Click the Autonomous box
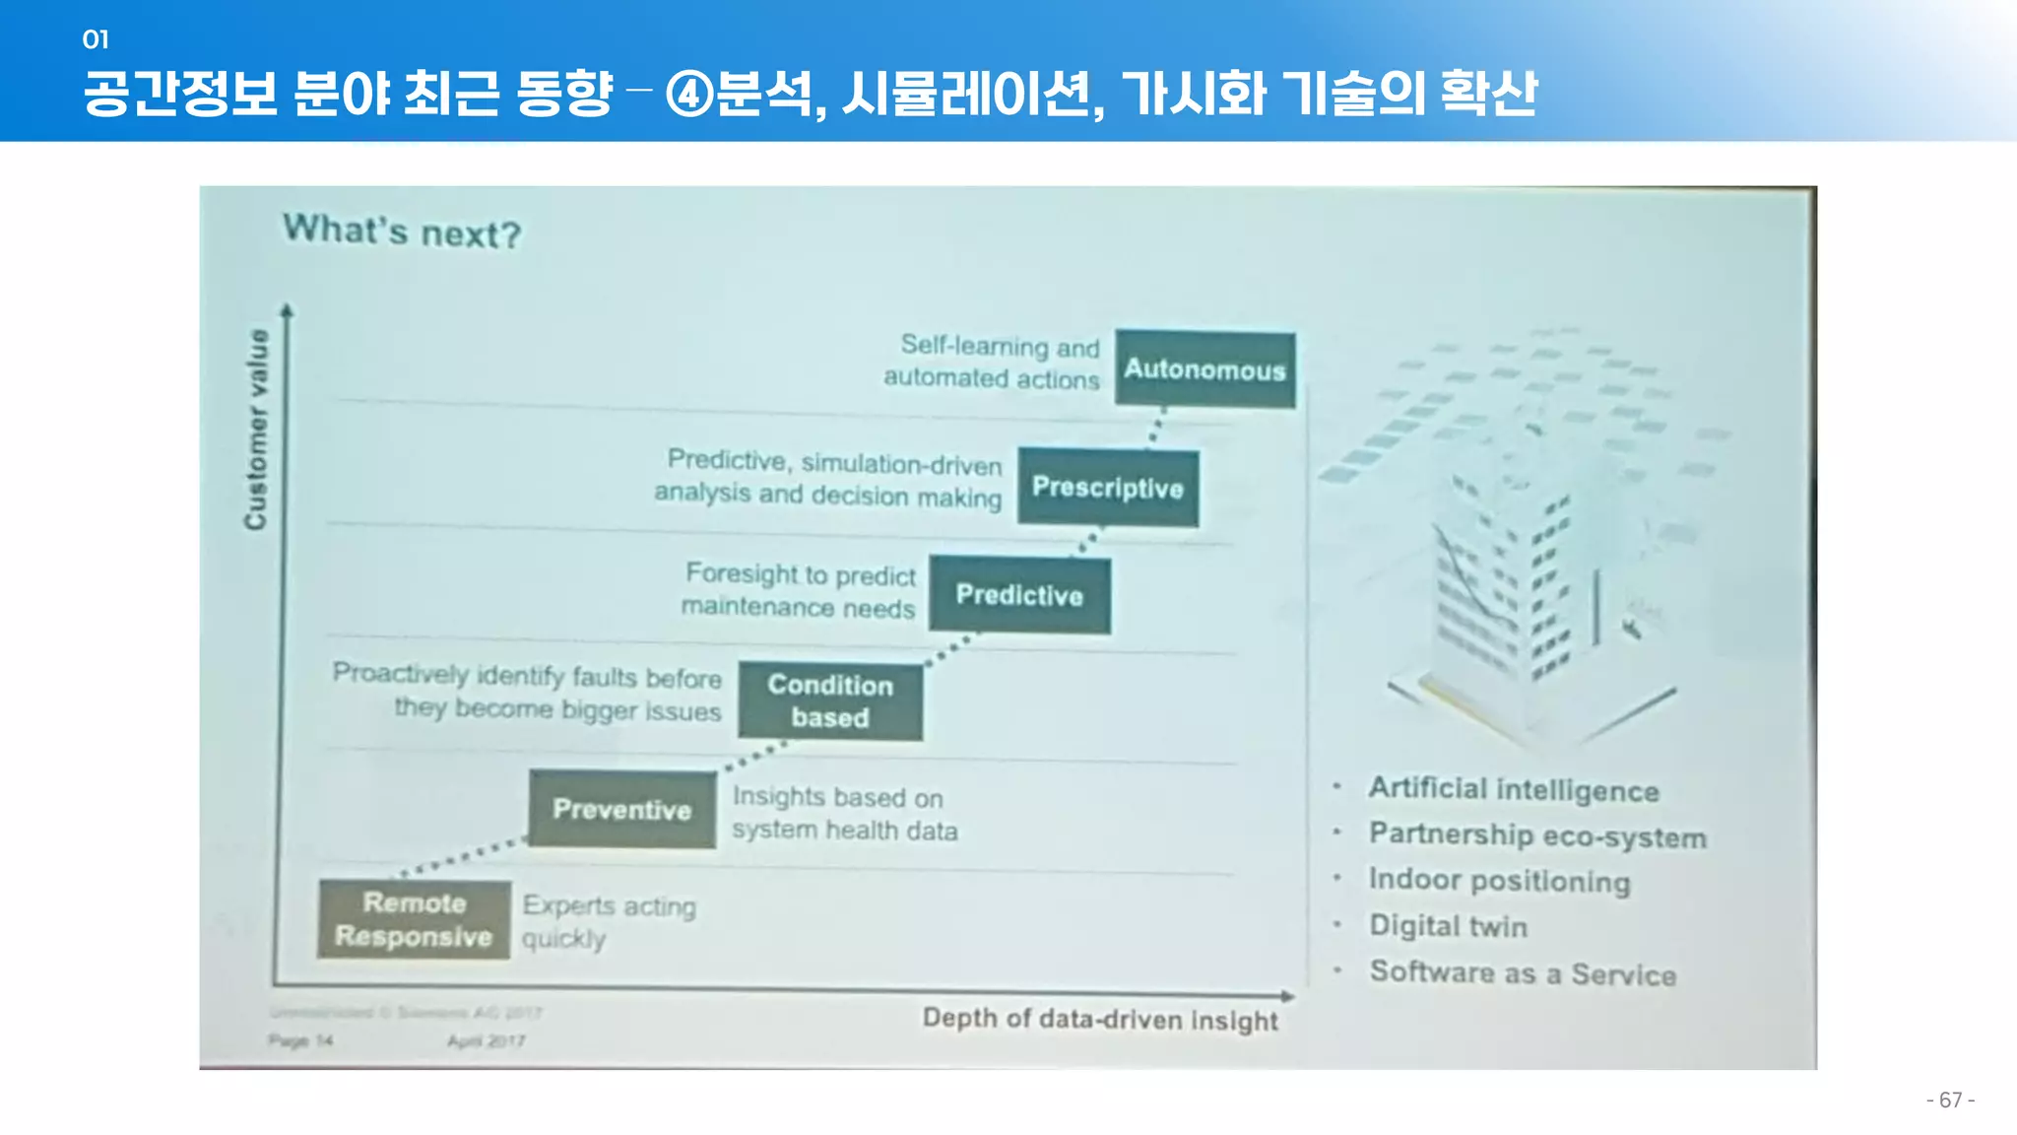point(1204,369)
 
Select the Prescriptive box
point(1108,488)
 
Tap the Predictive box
point(1019,595)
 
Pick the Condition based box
point(830,701)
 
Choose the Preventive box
point(622,809)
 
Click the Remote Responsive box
point(414,919)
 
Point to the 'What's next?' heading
point(402,233)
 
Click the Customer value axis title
point(256,430)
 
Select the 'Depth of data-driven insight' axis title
point(1100,1019)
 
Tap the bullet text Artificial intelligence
point(1514,789)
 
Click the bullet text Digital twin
point(1448,926)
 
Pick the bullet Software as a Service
point(1523,973)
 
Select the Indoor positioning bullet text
point(1499,880)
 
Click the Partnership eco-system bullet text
point(1537,835)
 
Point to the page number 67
point(1950,1100)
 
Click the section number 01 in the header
point(96,39)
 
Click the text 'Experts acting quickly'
point(608,921)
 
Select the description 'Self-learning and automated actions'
point(991,362)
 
